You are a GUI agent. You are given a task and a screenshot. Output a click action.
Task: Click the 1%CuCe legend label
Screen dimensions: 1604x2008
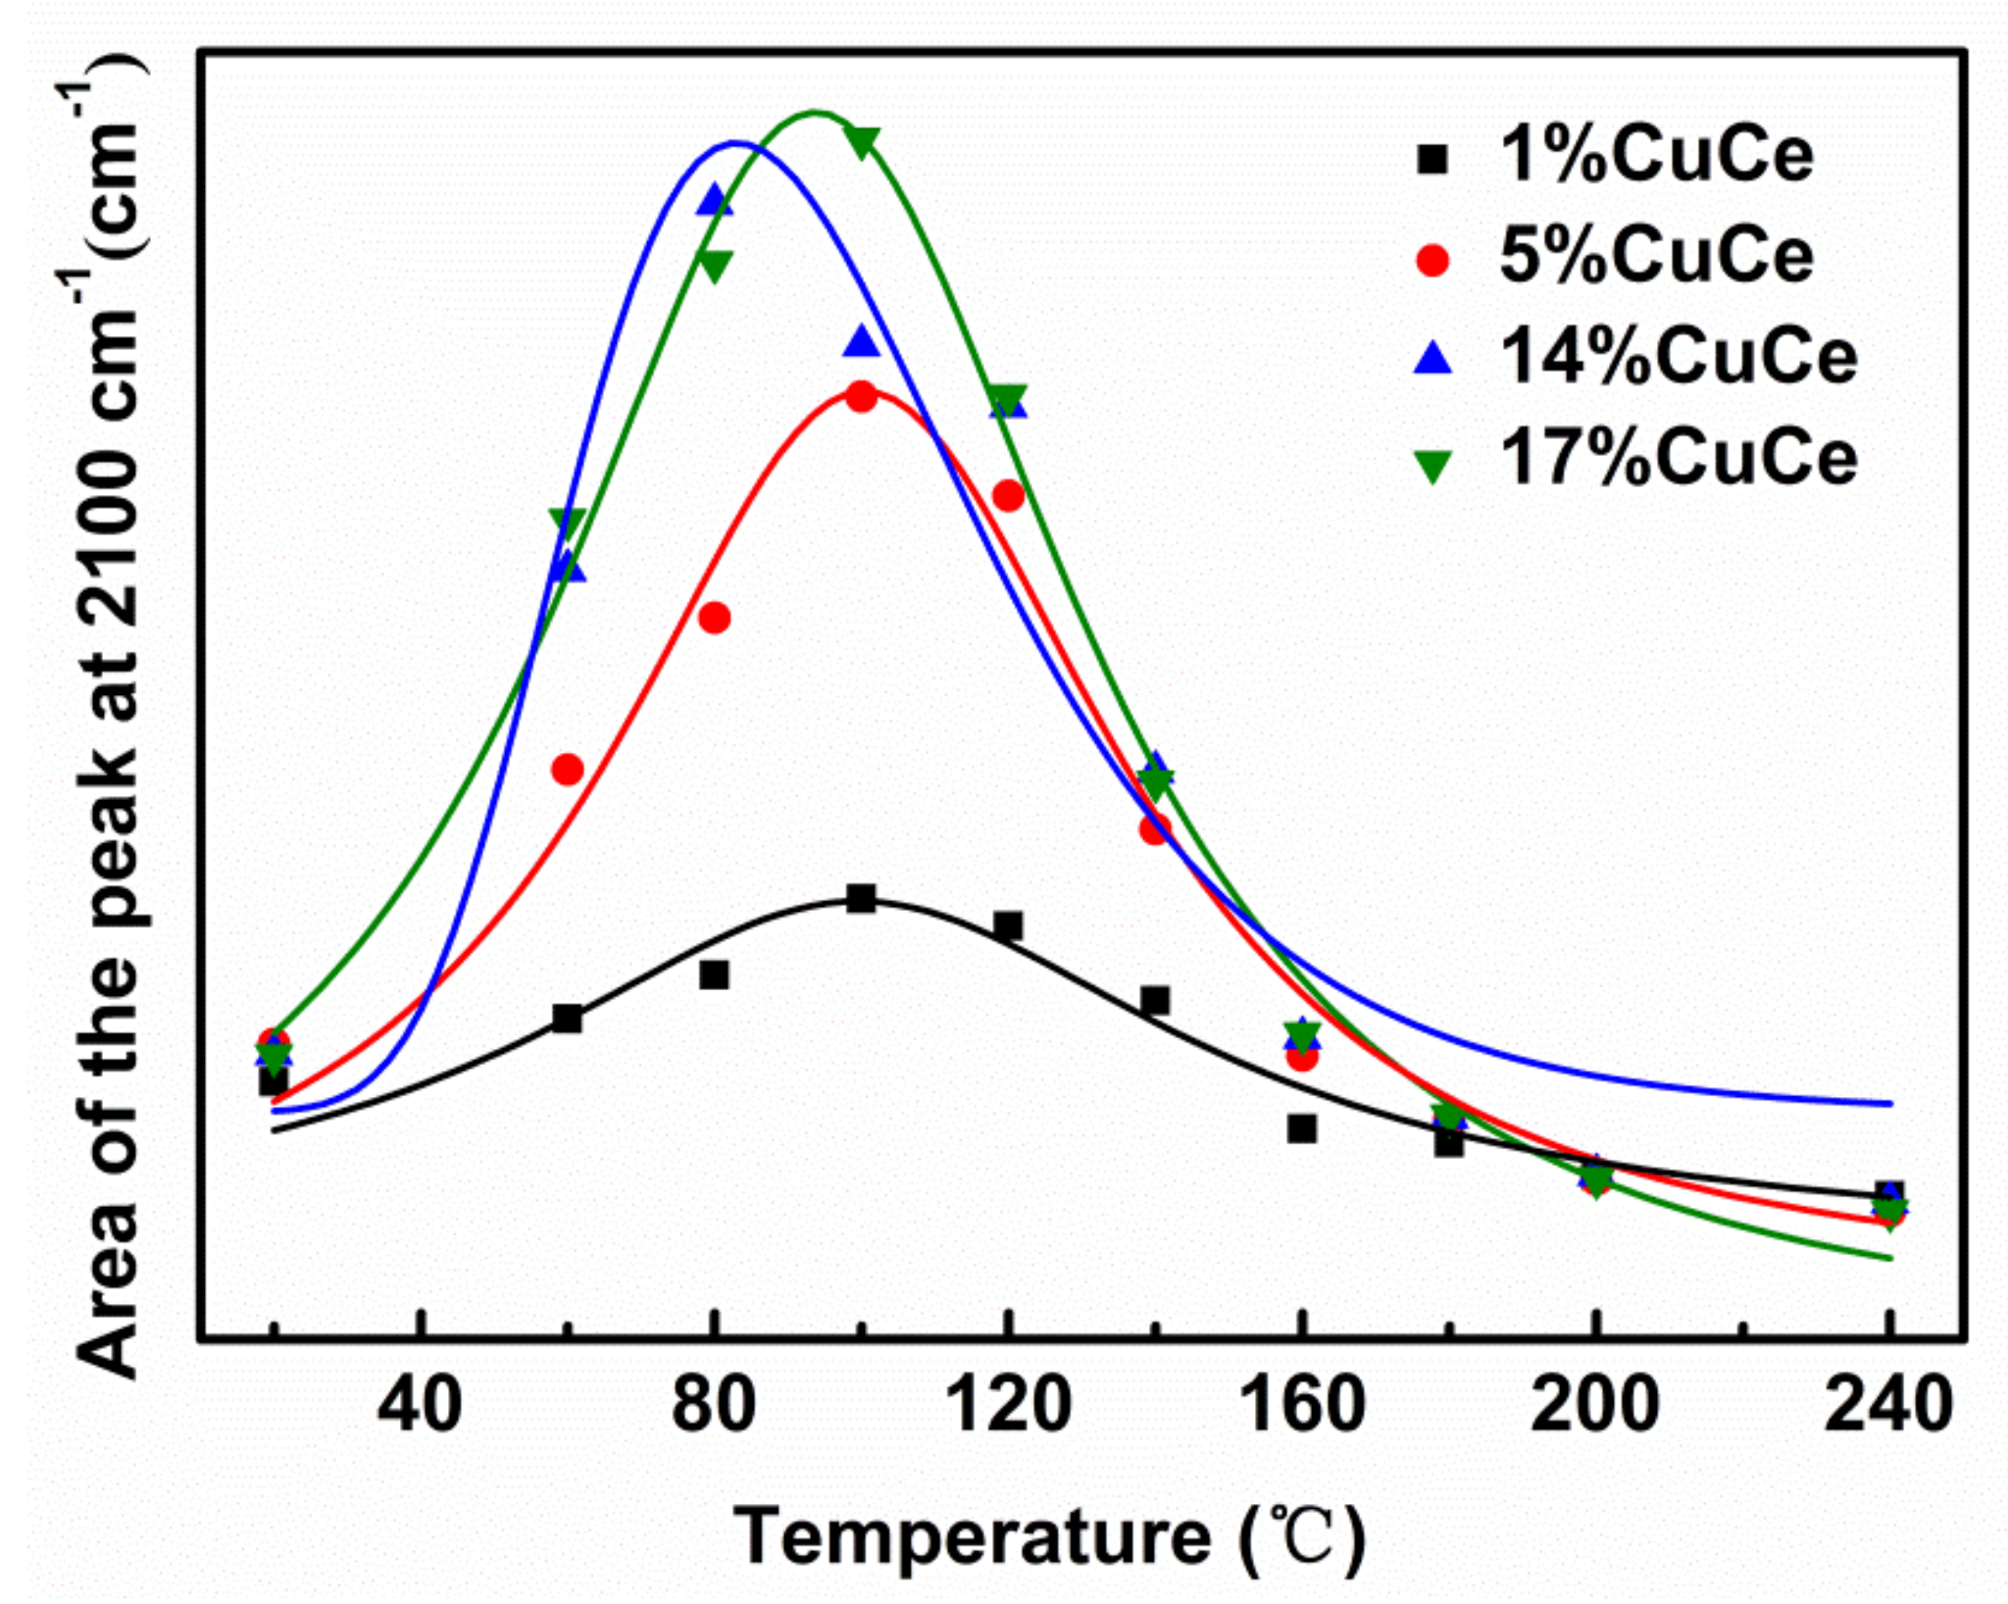1656,156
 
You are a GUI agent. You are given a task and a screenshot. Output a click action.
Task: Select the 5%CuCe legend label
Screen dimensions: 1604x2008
1656,257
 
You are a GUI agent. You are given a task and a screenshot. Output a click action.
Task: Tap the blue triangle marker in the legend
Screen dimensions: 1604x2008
1432,358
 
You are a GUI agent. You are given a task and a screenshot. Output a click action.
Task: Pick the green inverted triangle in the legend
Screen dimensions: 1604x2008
1432,465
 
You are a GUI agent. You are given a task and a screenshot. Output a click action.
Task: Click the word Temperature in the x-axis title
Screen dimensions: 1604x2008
972,1536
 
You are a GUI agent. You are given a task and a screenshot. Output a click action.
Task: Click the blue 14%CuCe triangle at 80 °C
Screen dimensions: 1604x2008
715,201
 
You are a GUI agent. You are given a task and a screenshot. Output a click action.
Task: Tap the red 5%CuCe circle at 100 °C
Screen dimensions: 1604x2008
861,397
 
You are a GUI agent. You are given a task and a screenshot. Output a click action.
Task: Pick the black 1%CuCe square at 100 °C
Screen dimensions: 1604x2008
861,898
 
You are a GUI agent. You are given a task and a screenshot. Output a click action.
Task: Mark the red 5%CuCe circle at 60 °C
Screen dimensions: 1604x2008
567,769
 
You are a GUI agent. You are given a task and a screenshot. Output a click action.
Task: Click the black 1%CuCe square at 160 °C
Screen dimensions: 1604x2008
1301,1128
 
